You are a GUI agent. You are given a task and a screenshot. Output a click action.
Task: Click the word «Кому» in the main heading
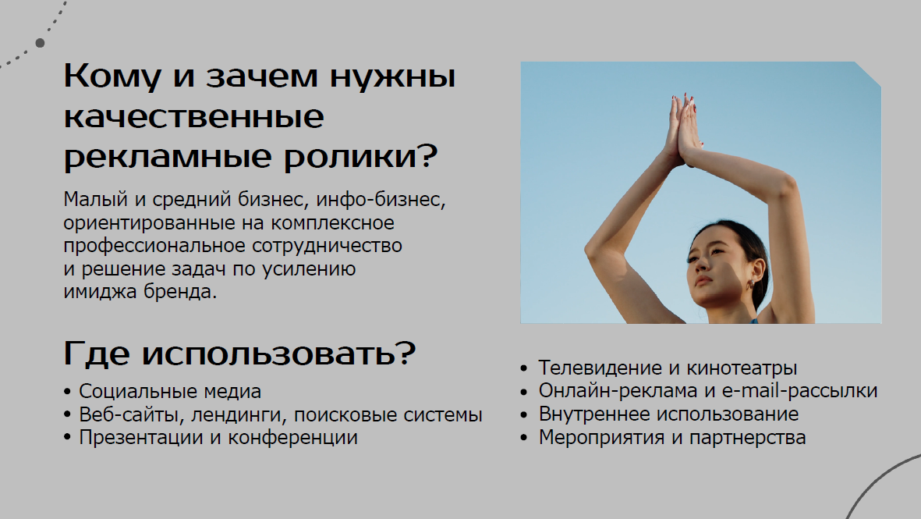click(x=112, y=76)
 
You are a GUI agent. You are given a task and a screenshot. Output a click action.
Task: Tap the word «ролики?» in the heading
click(x=360, y=156)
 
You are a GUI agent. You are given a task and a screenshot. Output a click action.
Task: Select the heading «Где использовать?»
click(x=239, y=354)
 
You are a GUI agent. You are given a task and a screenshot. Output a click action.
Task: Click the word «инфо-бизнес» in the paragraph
click(x=381, y=200)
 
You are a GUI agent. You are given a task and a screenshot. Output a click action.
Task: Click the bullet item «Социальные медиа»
click(x=163, y=392)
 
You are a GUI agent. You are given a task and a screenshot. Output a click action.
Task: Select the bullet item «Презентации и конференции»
click(x=211, y=438)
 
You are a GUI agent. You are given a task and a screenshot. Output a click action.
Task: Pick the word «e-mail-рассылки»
click(x=799, y=391)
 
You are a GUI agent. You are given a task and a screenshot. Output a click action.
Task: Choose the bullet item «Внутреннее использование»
click(x=660, y=414)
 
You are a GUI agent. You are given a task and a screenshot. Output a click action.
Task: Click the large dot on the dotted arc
click(x=40, y=43)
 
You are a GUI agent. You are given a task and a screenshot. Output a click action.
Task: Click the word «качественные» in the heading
click(x=194, y=116)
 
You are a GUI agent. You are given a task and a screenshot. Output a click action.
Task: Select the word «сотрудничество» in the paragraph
click(x=328, y=246)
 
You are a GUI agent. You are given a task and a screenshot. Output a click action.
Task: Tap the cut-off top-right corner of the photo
click(x=868, y=74)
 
